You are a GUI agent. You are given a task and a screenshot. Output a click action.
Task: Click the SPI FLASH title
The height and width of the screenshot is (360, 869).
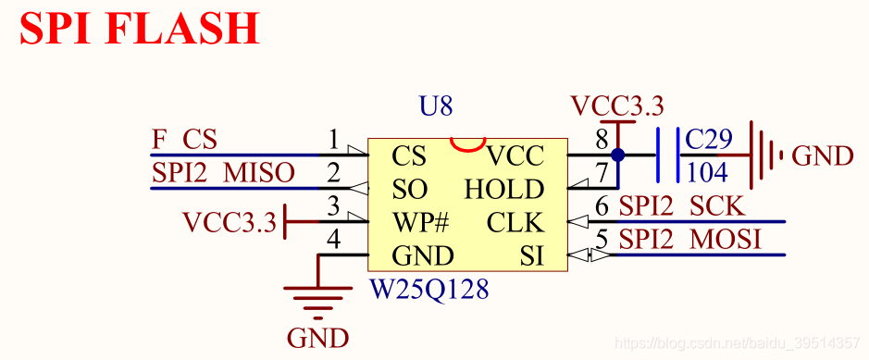[140, 30]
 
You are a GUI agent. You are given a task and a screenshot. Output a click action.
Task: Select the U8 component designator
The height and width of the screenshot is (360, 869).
[436, 106]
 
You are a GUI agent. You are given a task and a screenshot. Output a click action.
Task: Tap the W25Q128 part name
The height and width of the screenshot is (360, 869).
[429, 289]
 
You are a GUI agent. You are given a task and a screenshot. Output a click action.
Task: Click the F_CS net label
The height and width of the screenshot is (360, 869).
[183, 140]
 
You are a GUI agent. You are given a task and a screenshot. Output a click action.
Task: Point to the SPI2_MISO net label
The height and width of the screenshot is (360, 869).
[223, 172]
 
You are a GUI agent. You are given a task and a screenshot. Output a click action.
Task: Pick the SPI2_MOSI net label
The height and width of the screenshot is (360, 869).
[689, 240]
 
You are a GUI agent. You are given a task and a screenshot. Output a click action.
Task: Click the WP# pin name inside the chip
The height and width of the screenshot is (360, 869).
[420, 223]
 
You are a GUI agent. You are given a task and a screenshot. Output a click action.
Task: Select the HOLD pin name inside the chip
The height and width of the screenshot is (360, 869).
[503, 190]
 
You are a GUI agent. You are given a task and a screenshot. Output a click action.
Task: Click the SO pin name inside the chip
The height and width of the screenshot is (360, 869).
[409, 190]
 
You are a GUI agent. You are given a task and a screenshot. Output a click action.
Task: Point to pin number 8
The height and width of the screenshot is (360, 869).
[602, 140]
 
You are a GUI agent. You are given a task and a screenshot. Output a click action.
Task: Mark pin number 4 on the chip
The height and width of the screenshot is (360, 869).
[334, 240]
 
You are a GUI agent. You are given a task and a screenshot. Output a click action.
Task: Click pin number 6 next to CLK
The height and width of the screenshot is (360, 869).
[602, 207]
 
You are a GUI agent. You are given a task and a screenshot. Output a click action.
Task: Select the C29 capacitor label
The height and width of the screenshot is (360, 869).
[709, 140]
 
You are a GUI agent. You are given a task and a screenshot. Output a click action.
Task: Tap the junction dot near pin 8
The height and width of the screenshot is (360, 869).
[617, 155]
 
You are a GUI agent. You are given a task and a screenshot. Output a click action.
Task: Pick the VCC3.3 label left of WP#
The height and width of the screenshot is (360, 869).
[230, 222]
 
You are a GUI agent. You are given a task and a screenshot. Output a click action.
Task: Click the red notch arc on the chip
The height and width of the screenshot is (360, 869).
[466, 144]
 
